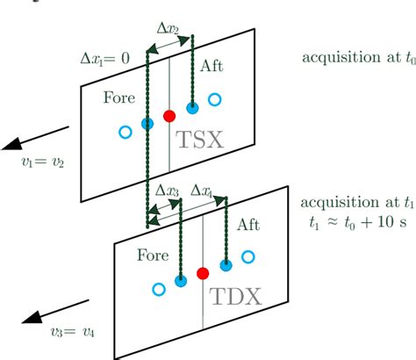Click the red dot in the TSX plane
tap(170, 115)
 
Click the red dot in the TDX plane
tap(204, 273)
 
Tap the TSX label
tap(200, 138)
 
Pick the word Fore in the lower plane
tap(156, 255)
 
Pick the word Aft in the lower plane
tap(248, 226)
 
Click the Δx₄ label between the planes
tap(200, 190)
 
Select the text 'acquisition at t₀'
tap(355, 59)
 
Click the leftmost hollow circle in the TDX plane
tap(159, 288)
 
